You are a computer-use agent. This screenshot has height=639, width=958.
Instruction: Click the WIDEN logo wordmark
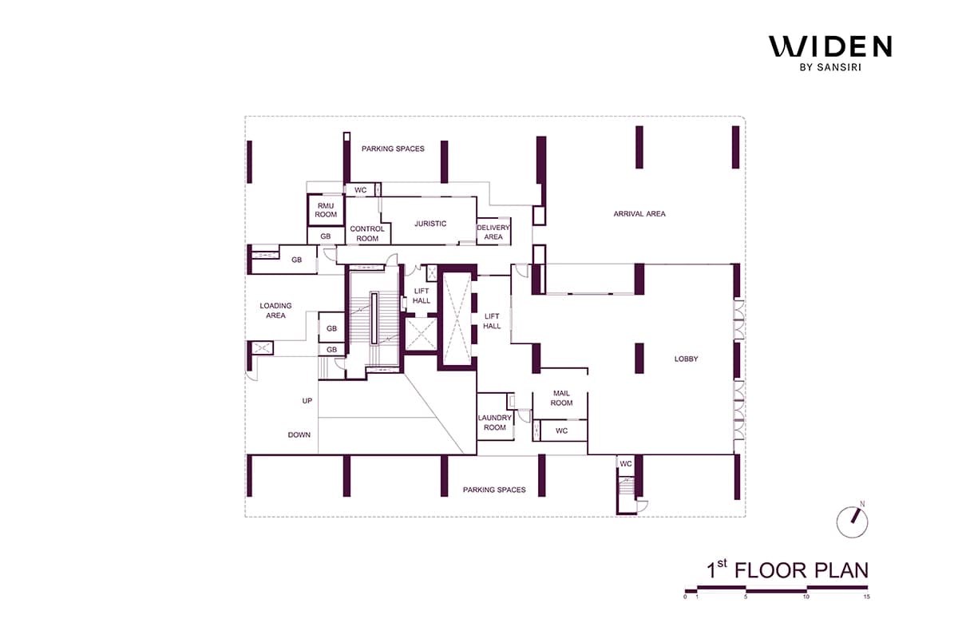coord(830,46)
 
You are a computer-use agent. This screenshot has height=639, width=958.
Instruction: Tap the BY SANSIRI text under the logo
coord(830,67)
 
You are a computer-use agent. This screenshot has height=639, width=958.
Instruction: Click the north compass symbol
coord(853,522)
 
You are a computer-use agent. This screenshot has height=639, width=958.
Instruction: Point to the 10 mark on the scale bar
coord(806,597)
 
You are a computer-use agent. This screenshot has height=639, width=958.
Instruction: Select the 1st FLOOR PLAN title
coord(787,570)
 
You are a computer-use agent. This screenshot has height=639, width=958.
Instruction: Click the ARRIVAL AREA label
coord(639,213)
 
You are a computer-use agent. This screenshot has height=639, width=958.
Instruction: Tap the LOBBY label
coord(686,359)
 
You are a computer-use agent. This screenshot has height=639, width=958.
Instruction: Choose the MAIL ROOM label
coord(561,398)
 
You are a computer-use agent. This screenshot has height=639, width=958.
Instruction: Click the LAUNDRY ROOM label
coord(495,423)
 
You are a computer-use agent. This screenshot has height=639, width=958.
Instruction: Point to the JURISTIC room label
coord(430,224)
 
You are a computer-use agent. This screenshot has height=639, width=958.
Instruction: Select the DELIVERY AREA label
coord(493,232)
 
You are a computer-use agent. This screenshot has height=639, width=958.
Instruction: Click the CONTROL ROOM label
coord(367,234)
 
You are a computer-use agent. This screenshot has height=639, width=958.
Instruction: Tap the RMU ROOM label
coord(326,210)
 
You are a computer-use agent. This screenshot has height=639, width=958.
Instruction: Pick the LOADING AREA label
coord(275,310)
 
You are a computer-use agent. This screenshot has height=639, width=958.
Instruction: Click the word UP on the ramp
coord(307,401)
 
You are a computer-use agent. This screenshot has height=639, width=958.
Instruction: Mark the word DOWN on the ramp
coord(299,435)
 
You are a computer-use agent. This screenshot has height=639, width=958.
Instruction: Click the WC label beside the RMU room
coord(361,190)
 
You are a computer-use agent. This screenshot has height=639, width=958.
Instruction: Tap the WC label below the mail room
coord(561,431)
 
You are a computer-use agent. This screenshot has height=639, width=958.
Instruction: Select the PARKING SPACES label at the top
coord(393,149)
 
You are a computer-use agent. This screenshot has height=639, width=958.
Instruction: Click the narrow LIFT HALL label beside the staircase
coord(422,296)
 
